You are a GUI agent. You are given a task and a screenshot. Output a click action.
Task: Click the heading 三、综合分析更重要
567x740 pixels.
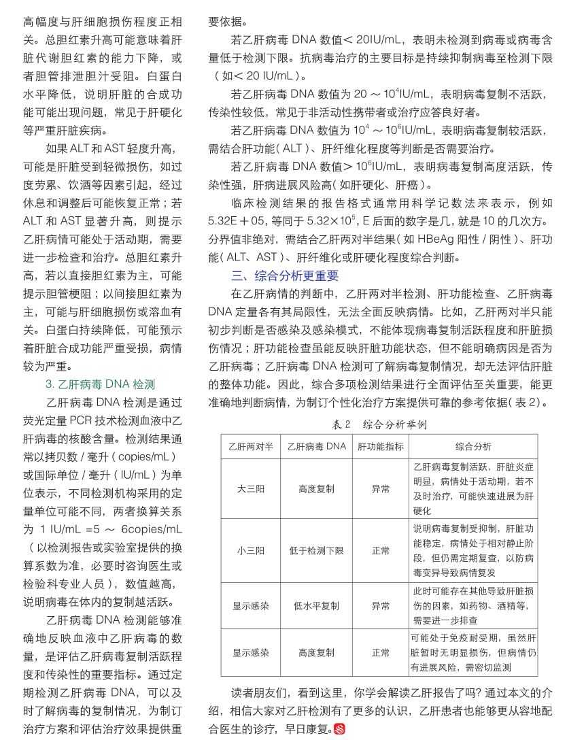(x=284, y=276)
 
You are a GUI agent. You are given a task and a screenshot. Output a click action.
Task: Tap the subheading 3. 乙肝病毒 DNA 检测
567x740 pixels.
(x=101, y=384)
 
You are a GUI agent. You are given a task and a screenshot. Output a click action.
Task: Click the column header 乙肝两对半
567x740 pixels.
(x=251, y=447)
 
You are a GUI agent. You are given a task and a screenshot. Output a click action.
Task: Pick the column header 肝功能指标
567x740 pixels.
(x=381, y=447)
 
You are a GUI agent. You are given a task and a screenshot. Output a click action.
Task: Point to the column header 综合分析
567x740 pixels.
(x=473, y=447)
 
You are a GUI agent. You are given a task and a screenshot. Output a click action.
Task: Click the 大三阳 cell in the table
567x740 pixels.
(x=251, y=489)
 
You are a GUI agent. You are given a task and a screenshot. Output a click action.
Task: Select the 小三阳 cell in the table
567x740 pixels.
(x=251, y=550)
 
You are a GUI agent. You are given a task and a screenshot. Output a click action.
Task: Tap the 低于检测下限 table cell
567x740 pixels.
(x=316, y=550)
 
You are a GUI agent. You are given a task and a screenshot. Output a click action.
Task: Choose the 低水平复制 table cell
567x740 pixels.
(x=316, y=605)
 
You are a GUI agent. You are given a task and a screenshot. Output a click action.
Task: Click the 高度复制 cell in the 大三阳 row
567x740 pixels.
(x=316, y=489)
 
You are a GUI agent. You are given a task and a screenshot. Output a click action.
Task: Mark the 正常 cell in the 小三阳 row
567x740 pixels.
(x=381, y=550)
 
